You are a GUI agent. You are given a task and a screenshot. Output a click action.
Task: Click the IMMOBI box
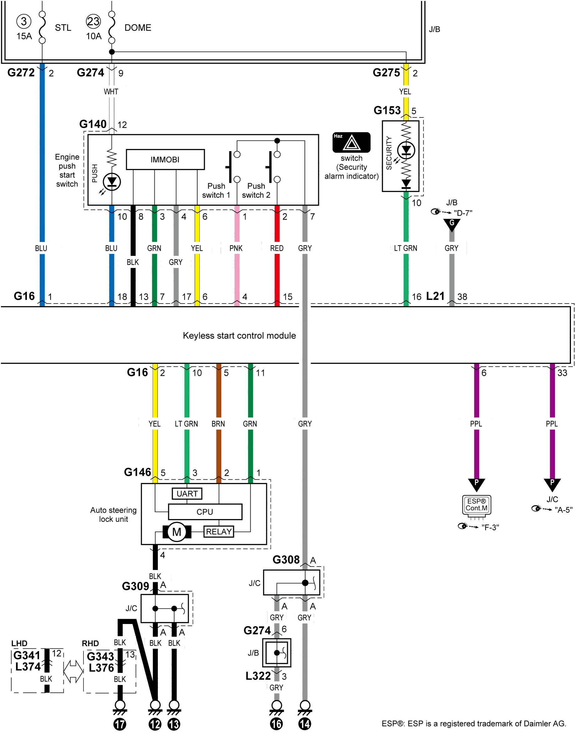[x=165, y=160]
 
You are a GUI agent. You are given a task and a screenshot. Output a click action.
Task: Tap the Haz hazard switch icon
[x=351, y=142]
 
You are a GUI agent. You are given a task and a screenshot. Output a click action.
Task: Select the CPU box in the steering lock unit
[x=205, y=512]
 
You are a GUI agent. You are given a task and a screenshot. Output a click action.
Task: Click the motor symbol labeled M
[x=177, y=532]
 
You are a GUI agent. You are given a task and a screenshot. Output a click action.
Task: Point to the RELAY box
[x=219, y=532]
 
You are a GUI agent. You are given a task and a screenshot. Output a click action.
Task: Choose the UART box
[x=187, y=493]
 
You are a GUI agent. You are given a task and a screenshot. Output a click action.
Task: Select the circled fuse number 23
[x=93, y=21]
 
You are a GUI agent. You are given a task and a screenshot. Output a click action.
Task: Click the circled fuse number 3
[x=23, y=21]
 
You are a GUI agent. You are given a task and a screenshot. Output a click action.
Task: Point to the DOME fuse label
[x=138, y=27]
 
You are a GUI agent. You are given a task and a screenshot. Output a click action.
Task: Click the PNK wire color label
[x=236, y=248]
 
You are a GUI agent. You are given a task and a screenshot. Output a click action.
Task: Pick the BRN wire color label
[x=218, y=423]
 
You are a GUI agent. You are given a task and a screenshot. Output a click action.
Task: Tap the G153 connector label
[x=387, y=110]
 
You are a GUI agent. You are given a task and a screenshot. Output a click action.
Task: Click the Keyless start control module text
[x=239, y=335]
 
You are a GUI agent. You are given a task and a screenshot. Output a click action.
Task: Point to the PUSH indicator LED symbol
[x=112, y=182]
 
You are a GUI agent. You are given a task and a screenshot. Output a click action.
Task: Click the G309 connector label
[x=135, y=586]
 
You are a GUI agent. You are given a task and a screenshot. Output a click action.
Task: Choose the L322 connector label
[x=258, y=676]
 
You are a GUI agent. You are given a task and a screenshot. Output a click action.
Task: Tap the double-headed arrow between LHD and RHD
[x=73, y=671]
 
